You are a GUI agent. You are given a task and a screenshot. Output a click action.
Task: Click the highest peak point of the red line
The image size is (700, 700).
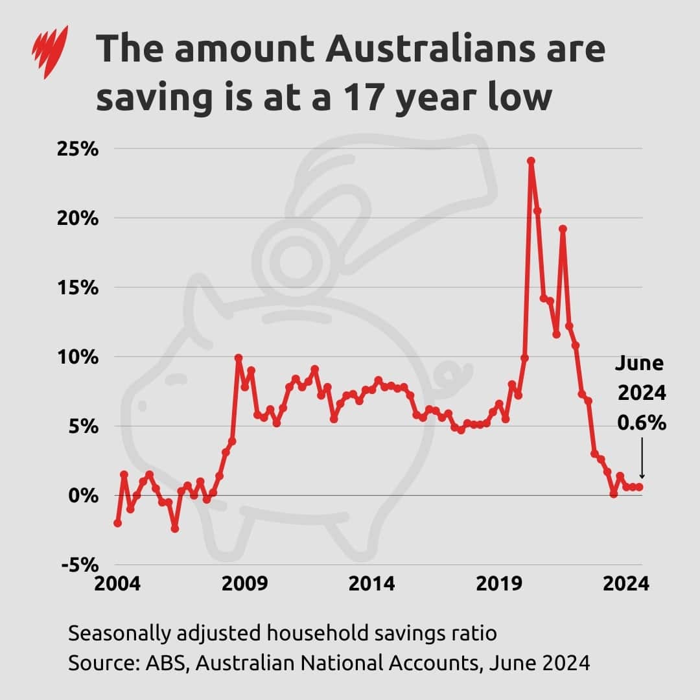(x=531, y=161)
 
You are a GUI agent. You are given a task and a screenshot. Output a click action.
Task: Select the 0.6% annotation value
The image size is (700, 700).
(x=641, y=423)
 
